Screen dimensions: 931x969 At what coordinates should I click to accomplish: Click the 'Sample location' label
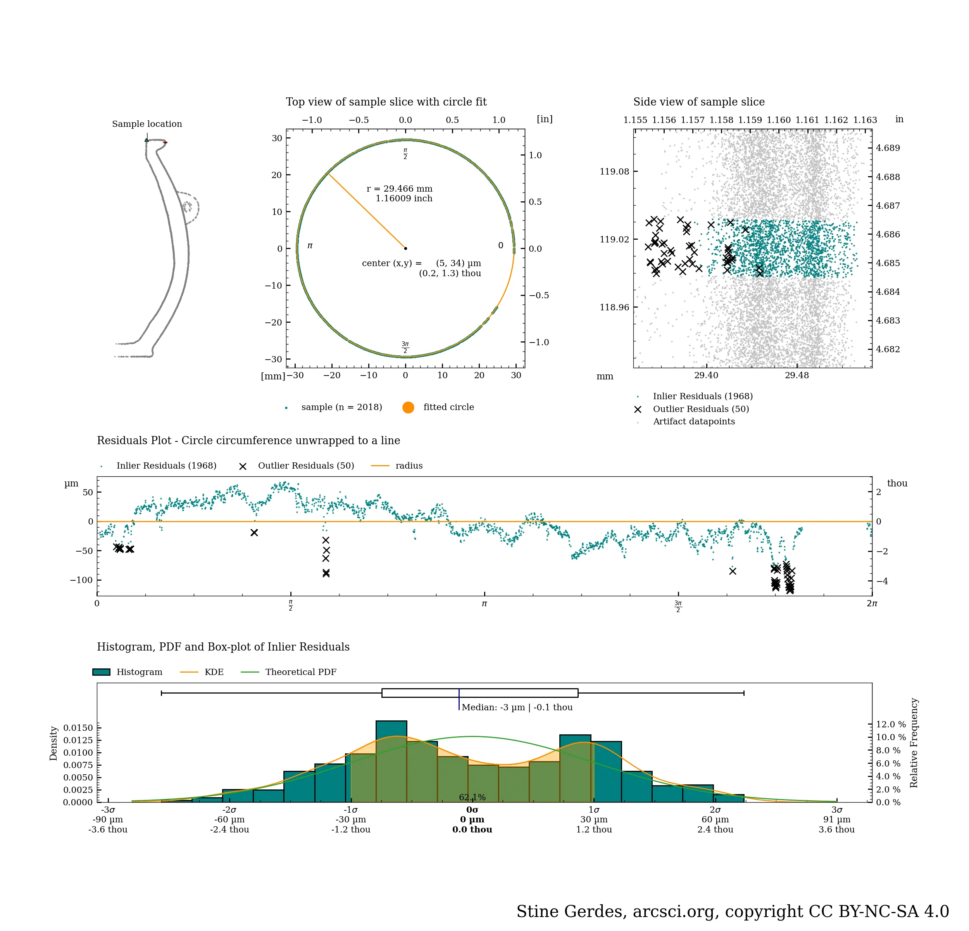pyautogui.click(x=147, y=124)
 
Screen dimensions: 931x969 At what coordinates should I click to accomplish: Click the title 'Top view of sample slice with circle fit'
pyautogui.click(x=386, y=102)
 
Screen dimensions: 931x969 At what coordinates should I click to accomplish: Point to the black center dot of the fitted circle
pyautogui.click(x=405, y=248)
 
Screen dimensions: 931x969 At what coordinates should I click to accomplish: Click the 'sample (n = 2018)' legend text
pyautogui.click(x=341, y=407)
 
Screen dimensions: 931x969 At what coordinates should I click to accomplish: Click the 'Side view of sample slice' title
pyautogui.click(x=698, y=102)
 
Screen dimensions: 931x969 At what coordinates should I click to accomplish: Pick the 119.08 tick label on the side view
pyautogui.click(x=614, y=172)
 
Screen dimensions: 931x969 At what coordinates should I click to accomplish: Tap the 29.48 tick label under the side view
pyautogui.click(x=797, y=376)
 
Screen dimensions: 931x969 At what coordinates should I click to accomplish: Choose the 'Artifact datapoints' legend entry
pyautogui.click(x=694, y=422)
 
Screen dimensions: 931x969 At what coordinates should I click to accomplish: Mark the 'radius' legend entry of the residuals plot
pyautogui.click(x=409, y=465)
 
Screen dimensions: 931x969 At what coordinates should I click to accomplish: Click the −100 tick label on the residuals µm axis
pyautogui.click(x=81, y=580)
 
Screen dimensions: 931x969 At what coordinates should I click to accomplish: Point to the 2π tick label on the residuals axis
pyautogui.click(x=872, y=604)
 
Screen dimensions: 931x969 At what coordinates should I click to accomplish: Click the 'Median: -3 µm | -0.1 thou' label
pyautogui.click(x=517, y=708)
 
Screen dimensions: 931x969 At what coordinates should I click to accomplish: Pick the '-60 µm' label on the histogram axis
pyautogui.click(x=229, y=820)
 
